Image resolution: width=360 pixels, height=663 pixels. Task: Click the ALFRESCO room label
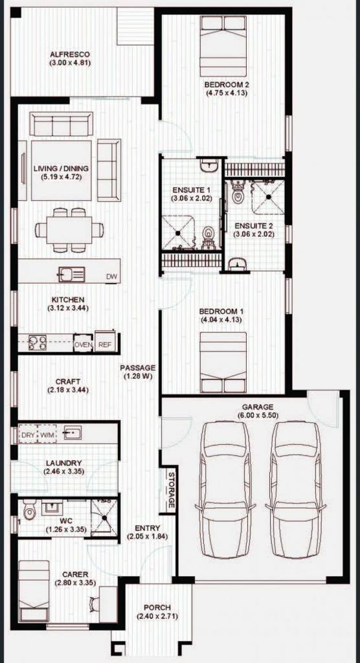70,54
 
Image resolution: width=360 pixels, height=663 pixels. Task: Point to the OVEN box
84,344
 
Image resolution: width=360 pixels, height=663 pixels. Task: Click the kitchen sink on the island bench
71,275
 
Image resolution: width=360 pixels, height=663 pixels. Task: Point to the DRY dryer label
28,434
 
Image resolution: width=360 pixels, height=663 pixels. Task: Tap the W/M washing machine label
46,434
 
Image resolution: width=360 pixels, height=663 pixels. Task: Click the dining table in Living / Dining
69,230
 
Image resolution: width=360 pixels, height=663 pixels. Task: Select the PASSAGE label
137,368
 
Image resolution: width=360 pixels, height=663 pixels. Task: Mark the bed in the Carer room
34,590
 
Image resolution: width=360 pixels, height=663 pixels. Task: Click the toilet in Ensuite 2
238,192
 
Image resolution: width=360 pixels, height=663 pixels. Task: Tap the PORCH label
157,607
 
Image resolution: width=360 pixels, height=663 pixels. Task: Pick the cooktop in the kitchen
37,342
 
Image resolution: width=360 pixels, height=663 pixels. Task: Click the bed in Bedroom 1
223,363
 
